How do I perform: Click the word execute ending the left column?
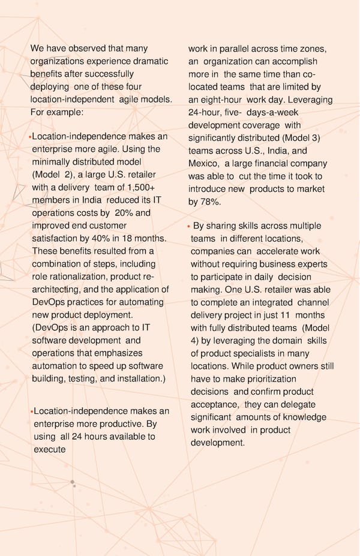[x=49, y=449]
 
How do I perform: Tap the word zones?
[x=313, y=49]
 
